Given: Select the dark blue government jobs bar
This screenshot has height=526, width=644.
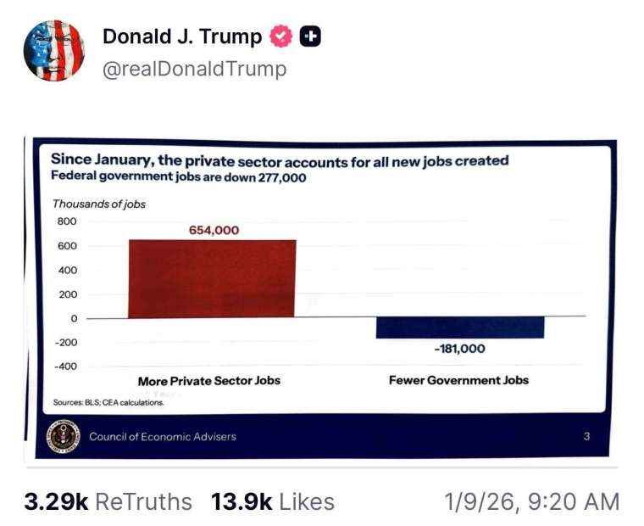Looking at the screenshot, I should [x=460, y=327].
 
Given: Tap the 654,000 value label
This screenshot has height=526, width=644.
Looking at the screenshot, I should [x=214, y=230].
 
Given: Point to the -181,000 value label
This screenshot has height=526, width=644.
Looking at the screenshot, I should [x=459, y=349].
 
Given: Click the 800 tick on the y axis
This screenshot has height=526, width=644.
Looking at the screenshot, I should [x=67, y=221].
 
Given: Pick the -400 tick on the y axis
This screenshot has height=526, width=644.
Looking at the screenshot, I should [x=64, y=367].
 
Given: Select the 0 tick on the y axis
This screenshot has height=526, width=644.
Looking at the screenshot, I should [x=74, y=319].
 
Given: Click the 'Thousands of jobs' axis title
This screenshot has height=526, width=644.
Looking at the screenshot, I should [x=99, y=204].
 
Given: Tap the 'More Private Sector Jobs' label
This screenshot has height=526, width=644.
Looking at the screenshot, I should [x=208, y=381].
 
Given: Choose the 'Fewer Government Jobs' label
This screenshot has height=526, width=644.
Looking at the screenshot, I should [x=458, y=380].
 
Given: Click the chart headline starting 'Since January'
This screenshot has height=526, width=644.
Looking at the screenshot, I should [x=280, y=159].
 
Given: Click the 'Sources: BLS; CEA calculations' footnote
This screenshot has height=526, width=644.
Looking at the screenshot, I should [x=108, y=403].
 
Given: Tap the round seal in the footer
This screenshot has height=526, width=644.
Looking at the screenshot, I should [x=64, y=437].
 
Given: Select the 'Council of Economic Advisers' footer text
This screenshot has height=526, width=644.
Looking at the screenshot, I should [x=163, y=437].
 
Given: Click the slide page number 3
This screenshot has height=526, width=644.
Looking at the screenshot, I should [x=586, y=437].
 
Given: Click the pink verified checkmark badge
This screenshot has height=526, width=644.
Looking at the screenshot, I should [x=280, y=37].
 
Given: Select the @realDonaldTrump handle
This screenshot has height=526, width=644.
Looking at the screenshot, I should [x=194, y=70].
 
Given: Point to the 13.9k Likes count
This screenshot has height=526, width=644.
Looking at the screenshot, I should [x=273, y=501].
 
